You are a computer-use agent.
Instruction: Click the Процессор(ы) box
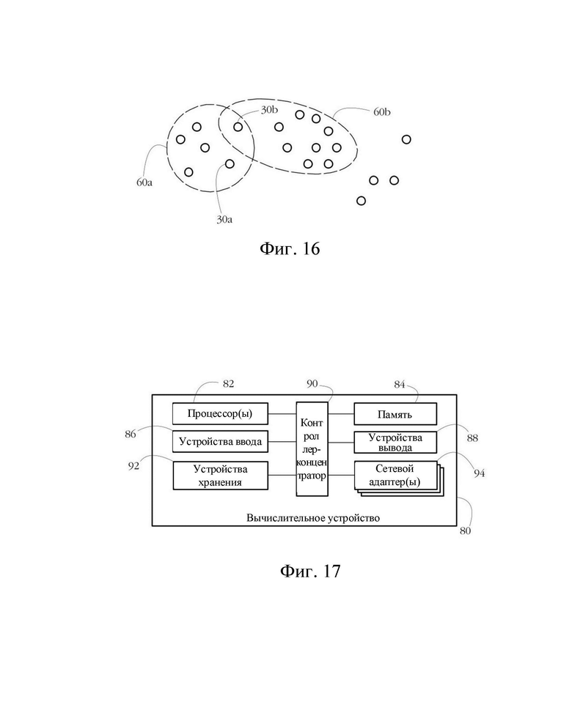[220, 414]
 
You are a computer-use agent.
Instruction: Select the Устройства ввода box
[220, 442]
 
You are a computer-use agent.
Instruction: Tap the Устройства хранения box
[220, 476]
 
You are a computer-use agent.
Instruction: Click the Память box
[395, 414]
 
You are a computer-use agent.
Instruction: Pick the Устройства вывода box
[395, 442]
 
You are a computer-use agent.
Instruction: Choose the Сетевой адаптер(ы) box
[395, 476]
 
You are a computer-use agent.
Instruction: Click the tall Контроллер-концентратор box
[312, 448]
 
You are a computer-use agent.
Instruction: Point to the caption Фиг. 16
[290, 248]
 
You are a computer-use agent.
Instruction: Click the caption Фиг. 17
[310, 571]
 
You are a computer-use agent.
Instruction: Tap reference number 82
[229, 384]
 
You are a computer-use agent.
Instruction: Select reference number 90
[312, 384]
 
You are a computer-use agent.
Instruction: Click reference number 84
[400, 385]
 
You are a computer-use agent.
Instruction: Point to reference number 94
[479, 473]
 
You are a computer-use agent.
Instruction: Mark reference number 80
[465, 531]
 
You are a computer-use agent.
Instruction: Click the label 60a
[144, 182]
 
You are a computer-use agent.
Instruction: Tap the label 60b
[382, 112]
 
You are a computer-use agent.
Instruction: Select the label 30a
[224, 220]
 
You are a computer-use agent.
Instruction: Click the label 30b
[269, 110]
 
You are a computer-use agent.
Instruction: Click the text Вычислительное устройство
[313, 518]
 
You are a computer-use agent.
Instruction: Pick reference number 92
[133, 466]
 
